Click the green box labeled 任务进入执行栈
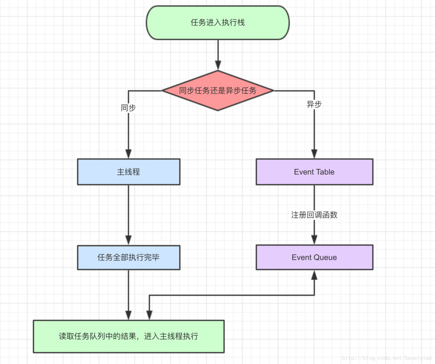click(x=217, y=23)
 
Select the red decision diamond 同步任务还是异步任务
click(x=217, y=90)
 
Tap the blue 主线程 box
click(x=128, y=172)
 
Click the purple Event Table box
click(x=314, y=172)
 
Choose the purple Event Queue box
click(x=314, y=257)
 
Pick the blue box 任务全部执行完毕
click(x=128, y=257)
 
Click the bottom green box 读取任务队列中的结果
click(x=128, y=336)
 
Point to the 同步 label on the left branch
click(x=128, y=108)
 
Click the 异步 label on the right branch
click(x=314, y=104)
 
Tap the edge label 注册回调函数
click(x=314, y=215)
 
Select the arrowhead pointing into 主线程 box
click(x=128, y=154)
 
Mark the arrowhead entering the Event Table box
click(x=314, y=154)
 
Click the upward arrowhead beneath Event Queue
click(x=314, y=275)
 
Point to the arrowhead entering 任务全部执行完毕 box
click(x=128, y=240)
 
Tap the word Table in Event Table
click(x=325, y=172)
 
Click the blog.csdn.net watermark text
click(x=386, y=358)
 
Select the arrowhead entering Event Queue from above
click(x=314, y=240)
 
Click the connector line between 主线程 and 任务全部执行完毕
click(x=128, y=211)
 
